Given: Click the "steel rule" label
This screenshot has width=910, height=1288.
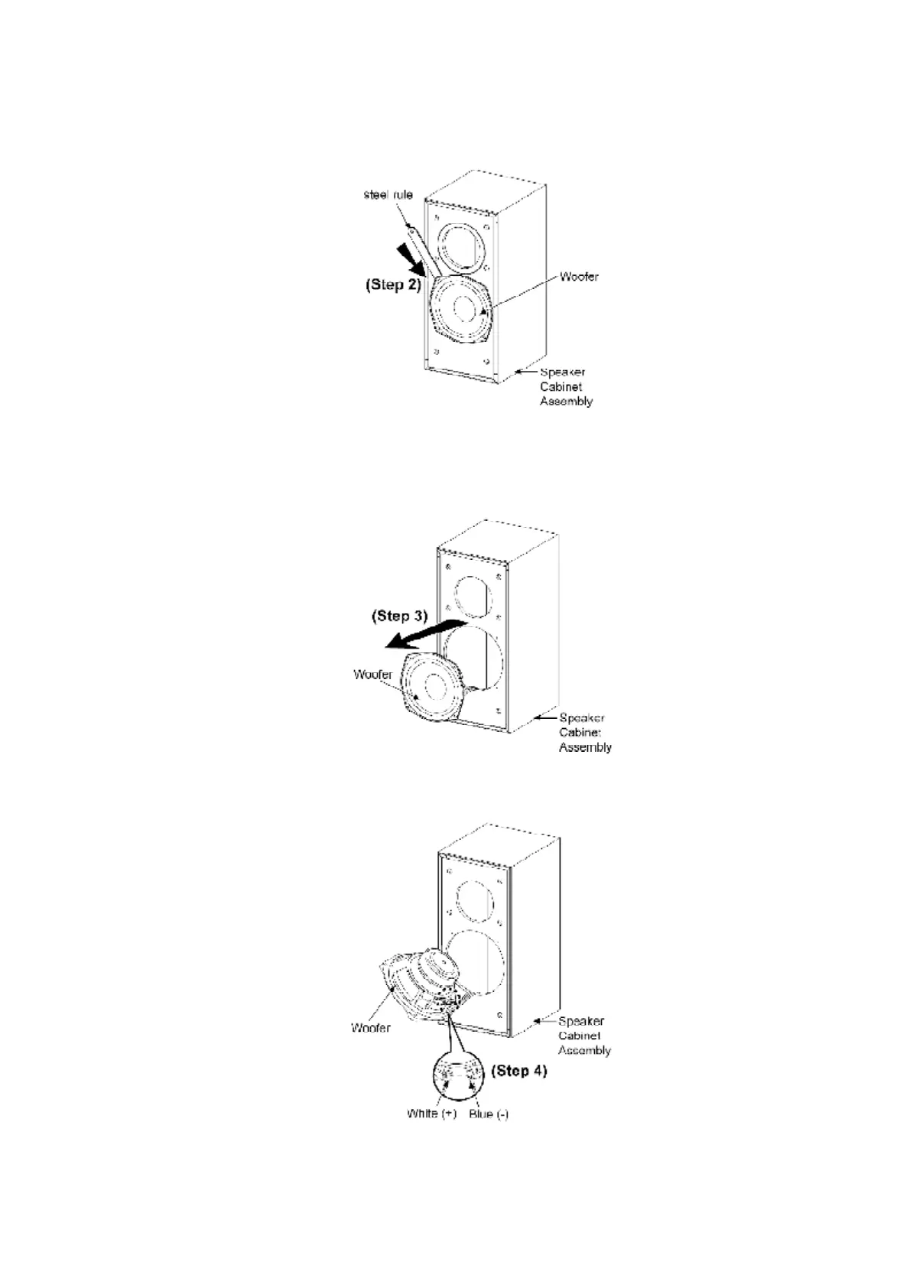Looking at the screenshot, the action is (388, 194).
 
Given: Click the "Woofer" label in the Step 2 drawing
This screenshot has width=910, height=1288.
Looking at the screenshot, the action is (579, 276).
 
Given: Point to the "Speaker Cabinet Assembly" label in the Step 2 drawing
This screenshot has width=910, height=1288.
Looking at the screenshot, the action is (566, 386).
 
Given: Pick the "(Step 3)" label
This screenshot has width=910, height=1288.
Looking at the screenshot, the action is (399, 615).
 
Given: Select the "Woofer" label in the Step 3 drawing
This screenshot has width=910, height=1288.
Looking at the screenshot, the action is (372, 675).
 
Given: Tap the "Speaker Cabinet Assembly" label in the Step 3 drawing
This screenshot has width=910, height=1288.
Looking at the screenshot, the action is (585, 733).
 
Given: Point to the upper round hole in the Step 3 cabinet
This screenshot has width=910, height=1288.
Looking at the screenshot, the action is (471, 596).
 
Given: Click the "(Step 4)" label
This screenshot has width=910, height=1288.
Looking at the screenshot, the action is (518, 1070).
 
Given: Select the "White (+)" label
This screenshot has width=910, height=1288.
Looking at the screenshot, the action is (431, 1114).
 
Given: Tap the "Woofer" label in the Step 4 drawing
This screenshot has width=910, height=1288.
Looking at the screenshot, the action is (370, 1027).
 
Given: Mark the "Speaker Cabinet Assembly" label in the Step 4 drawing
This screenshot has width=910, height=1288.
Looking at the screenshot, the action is (584, 1036).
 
